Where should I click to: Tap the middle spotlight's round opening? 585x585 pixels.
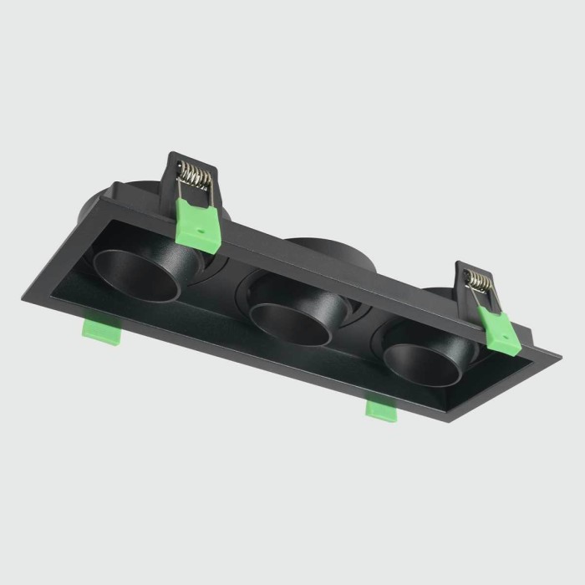click(x=288, y=321)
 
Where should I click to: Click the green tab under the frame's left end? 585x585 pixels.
click(x=100, y=332)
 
